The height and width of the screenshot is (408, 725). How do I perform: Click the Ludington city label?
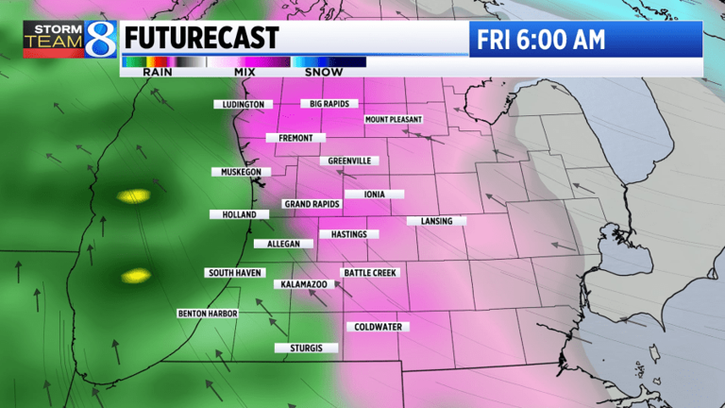244,104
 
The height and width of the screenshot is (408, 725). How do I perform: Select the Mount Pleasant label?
394,120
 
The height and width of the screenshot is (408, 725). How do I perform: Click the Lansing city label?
436,221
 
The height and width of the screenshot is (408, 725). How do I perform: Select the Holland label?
239,214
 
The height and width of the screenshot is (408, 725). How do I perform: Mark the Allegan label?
283,244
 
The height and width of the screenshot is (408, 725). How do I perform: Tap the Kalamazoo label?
301,283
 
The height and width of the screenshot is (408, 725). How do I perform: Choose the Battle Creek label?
371,273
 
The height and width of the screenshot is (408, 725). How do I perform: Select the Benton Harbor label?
208,313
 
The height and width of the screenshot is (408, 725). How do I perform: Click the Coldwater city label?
379,327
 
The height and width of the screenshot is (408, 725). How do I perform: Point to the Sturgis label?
306,348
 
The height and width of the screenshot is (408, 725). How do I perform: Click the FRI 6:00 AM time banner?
585,40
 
